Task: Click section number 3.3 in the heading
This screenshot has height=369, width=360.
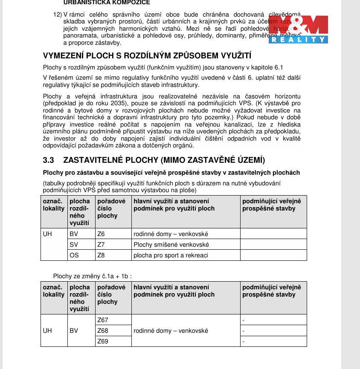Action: (x=49, y=160)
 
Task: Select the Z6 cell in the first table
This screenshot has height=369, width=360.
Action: (x=101, y=234)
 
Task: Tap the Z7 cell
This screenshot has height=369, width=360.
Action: (x=101, y=245)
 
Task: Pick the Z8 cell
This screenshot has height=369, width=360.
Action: (x=101, y=255)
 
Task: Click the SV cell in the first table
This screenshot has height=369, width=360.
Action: (x=73, y=245)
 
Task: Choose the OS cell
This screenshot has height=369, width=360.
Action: (x=74, y=255)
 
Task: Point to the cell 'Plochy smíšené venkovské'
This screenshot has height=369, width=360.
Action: (x=171, y=245)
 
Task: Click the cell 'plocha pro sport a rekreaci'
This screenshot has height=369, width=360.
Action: (x=171, y=255)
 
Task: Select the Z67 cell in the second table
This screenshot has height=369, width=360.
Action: (x=103, y=320)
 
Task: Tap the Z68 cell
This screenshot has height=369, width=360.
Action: (x=103, y=331)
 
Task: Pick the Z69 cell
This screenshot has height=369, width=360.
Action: (x=103, y=341)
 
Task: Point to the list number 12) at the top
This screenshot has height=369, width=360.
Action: (x=58, y=14)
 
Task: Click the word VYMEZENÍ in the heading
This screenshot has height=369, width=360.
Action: (x=64, y=56)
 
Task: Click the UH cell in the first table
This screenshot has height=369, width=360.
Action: (x=47, y=234)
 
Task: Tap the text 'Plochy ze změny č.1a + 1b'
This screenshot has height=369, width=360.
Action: (x=95, y=276)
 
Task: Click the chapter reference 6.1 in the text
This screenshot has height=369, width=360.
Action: (x=278, y=67)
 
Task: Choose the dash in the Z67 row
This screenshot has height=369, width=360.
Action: (x=243, y=320)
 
